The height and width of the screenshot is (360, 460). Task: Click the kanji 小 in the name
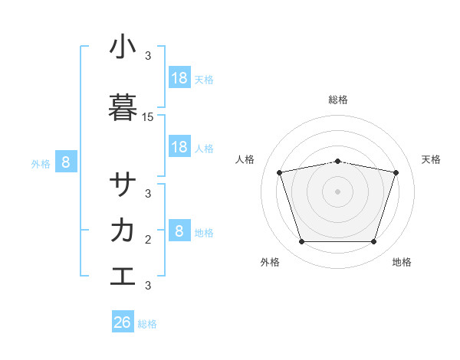(123, 47)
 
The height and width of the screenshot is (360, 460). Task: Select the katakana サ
(123, 185)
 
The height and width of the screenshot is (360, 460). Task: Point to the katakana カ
(123, 230)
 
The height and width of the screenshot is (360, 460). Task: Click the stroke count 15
(148, 117)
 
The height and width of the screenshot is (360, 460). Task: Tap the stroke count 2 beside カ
(148, 240)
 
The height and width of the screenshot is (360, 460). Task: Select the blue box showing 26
(123, 322)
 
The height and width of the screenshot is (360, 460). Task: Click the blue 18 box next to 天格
(179, 77)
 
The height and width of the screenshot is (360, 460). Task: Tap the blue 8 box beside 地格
(179, 231)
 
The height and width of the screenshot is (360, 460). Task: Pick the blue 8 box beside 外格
(66, 162)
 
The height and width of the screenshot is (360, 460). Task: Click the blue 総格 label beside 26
(148, 324)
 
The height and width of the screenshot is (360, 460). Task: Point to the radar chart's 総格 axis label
(338, 100)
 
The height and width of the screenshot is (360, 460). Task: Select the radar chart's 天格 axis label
(432, 159)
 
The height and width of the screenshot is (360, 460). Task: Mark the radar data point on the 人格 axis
(279, 172)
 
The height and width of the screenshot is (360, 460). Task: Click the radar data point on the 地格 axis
(373, 241)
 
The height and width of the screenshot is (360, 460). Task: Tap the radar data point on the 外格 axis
(301, 241)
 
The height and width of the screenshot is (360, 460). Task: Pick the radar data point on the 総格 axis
(338, 161)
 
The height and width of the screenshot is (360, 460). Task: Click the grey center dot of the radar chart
(338, 191)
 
